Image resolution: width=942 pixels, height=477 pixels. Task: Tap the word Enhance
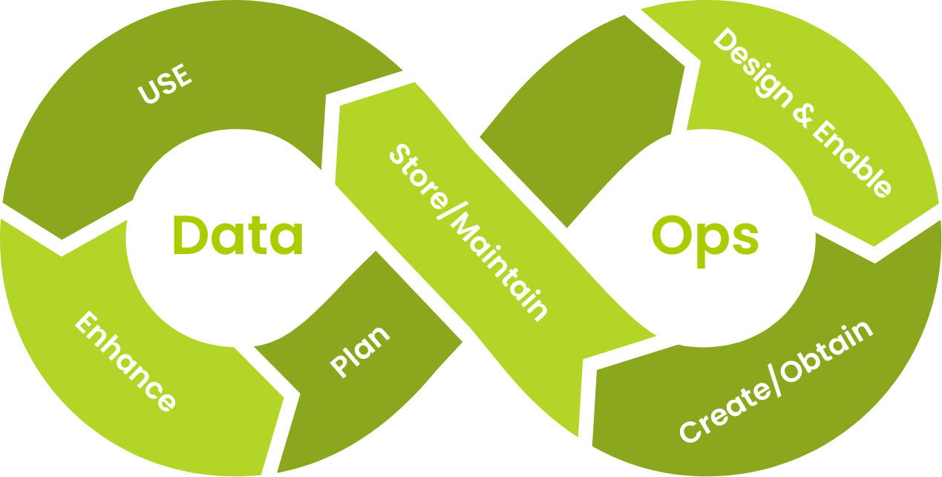pyautogui.click(x=127, y=362)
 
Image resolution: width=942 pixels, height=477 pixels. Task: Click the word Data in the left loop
pyautogui.click(x=238, y=236)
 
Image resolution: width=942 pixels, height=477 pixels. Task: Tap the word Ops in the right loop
pyautogui.click(x=704, y=237)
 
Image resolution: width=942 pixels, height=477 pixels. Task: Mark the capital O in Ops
pyautogui.click(x=671, y=236)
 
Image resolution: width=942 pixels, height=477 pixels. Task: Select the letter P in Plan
pyautogui.click(x=340, y=366)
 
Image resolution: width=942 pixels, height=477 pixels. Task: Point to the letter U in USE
pyautogui.click(x=148, y=95)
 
